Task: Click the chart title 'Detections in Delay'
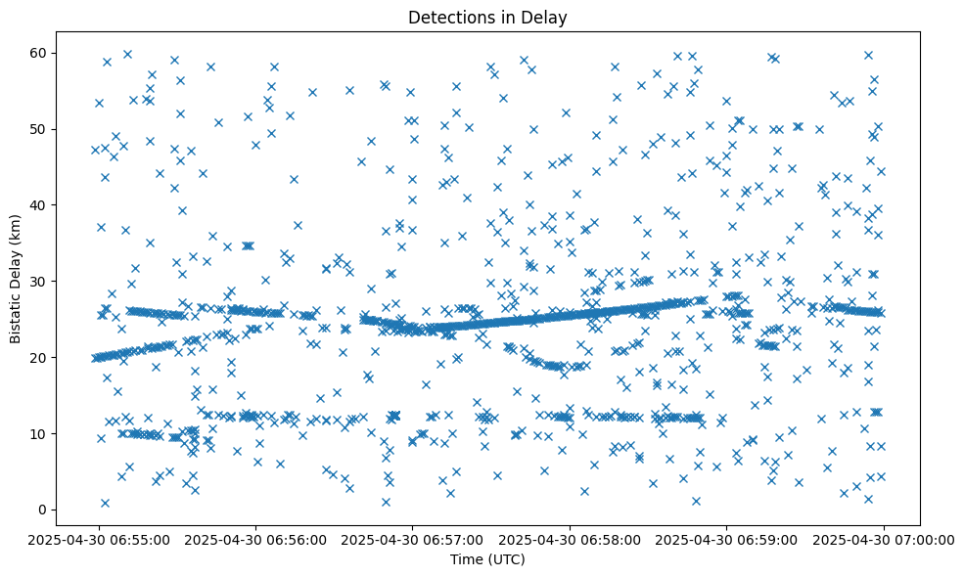pyautogui.click(x=487, y=17)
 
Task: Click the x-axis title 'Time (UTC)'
pyautogui.click(x=487, y=559)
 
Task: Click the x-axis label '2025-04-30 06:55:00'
pyautogui.click(x=98, y=539)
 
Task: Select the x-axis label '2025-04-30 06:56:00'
pyautogui.click(x=255, y=539)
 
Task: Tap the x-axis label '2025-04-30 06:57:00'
pyautogui.click(x=412, y=539)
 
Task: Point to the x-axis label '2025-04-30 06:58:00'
pyautogui.click(x=570, y=539)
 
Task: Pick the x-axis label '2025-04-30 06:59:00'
pyautogui.click(x=727, y=539)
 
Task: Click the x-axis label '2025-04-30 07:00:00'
pyautogui.click(x=884, y=539)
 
